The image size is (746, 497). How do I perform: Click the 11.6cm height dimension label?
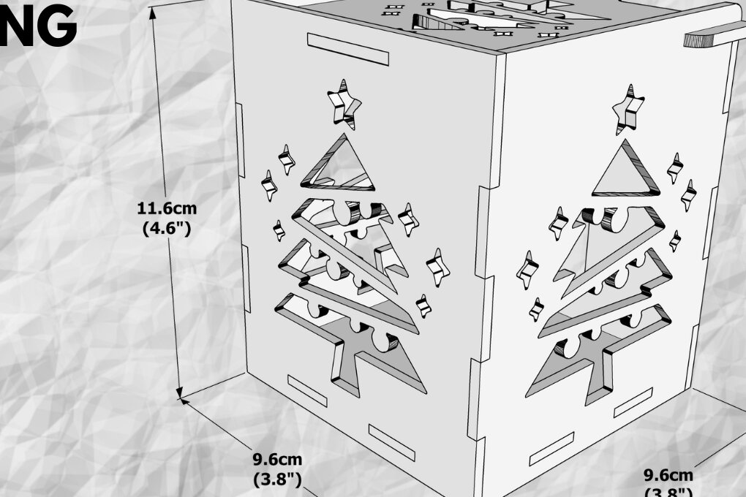[167, 208]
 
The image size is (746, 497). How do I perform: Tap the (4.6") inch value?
[166, 228]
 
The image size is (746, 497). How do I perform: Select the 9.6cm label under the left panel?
[277, 460]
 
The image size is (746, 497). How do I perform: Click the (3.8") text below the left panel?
[277, 479]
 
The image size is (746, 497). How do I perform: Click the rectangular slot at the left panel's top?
[347, 48]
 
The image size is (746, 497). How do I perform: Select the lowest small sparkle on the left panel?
[422, 305]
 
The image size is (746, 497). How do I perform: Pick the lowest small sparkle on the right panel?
[536, 309]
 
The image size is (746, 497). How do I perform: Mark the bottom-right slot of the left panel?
[391, 442]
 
